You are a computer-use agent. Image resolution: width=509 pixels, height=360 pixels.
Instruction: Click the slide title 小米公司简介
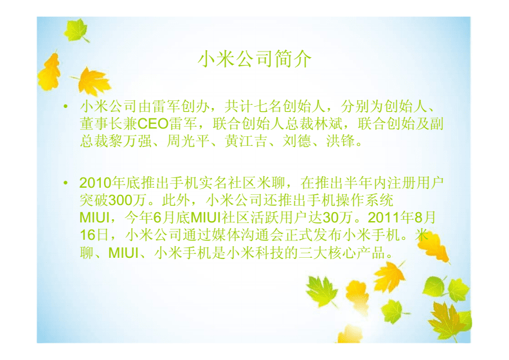(x=254, y=59)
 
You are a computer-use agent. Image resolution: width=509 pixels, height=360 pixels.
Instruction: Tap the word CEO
(x=152, y=123)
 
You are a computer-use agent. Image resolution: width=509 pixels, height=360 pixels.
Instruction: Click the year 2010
(x=95, y=183)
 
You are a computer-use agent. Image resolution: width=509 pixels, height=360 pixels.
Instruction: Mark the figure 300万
(x=127, y=201)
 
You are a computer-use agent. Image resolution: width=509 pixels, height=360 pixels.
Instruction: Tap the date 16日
(x=94, y=235)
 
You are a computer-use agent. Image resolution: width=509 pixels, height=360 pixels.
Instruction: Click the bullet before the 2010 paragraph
(x=66, y=183)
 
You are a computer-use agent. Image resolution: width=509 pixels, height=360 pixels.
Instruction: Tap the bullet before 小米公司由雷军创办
(x=66, y=107)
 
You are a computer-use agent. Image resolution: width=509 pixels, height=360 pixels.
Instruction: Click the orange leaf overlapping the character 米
(x=434, y=247)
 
